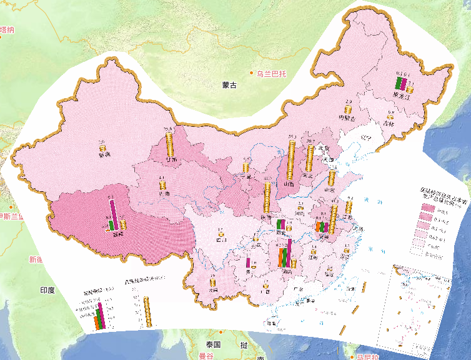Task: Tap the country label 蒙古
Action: [x=229, y=85]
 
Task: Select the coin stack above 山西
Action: [x=291, y=159]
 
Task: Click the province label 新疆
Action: [x=103, y=154]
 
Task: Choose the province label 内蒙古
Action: [x=347, y=117]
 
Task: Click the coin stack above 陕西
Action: [x=267, y=196]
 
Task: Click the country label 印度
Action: [x=47, y=291]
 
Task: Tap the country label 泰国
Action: [x=213, y=345]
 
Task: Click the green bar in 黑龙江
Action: [x=397, y=84]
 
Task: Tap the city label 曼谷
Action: [x=206, y=356]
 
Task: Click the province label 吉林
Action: [x=389, y=124]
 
